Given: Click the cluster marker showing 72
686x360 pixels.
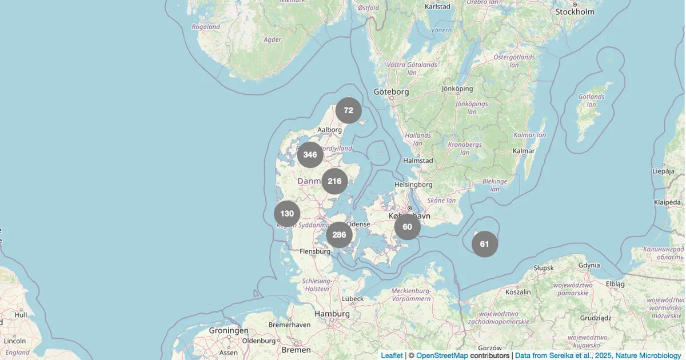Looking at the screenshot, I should tap(349, 111).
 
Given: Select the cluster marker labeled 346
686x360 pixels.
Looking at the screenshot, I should tap(310, 155).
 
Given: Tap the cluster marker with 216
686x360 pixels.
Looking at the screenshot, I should tap(335, 182).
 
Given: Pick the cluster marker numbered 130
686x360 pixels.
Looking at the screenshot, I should tap(287, 214).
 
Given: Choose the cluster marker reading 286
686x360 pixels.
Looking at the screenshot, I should tap(339, 235).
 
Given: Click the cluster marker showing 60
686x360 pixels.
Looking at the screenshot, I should tap(408, 227).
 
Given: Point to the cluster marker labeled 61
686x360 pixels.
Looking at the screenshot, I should tap(485, 244).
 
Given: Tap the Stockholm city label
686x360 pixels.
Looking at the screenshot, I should tap(575, 11).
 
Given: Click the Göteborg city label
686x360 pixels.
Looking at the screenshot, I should tap(391, 91).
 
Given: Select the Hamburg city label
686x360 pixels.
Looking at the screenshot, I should tap(332, 314).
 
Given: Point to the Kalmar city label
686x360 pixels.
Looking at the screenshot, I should tap(524, 151).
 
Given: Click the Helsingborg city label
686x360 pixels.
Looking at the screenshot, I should tap(413, 185).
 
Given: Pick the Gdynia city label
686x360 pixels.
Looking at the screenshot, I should tap(589, 265).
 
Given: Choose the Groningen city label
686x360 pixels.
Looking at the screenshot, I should tap(229, 330).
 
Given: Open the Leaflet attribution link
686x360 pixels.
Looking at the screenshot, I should tap(392, 355).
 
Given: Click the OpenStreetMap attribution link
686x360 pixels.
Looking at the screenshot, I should tap(442, 355).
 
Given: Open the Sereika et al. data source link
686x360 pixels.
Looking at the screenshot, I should tap(598, 355).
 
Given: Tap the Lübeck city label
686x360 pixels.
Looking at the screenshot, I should tap(352, 298).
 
